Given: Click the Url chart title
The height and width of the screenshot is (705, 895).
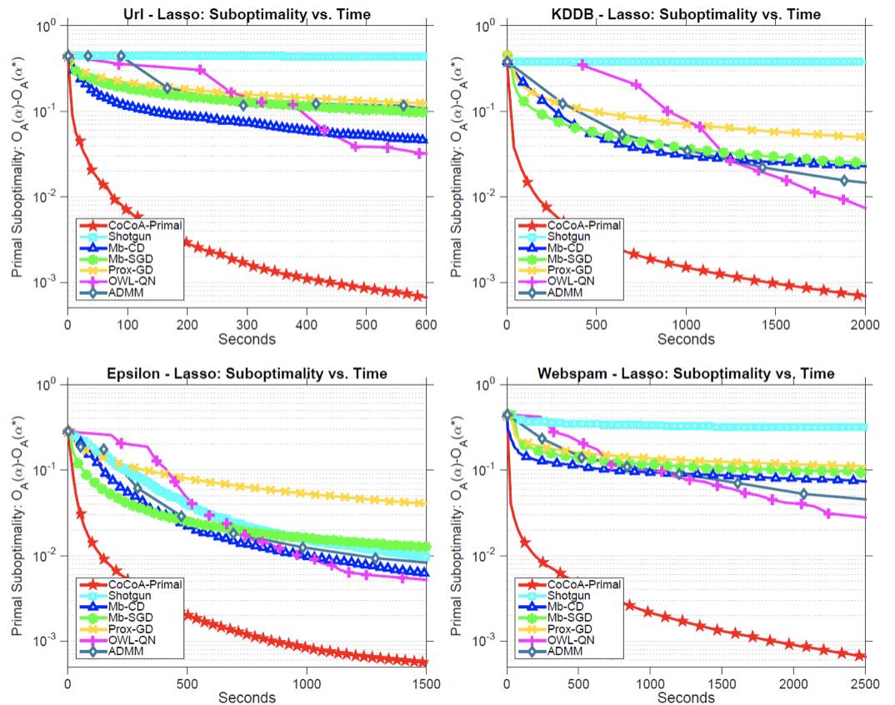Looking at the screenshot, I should [247, 13].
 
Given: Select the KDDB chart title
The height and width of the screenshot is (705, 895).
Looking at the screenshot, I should [685, 13].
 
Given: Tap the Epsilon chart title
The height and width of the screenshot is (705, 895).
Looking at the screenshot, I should [247, 373].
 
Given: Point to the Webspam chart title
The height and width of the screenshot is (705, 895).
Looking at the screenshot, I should [685, 373].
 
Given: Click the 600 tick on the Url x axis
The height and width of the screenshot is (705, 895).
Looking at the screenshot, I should [427, 326].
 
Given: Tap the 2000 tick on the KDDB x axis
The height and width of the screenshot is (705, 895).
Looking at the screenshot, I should [864, 326].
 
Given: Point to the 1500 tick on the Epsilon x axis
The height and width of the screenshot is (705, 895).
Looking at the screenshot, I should [427, 683].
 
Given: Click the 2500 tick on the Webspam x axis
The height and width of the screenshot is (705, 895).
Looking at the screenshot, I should [864, 683].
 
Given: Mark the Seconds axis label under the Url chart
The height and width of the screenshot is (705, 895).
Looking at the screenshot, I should [247, 339].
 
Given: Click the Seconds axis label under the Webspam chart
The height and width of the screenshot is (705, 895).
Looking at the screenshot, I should [685, 697].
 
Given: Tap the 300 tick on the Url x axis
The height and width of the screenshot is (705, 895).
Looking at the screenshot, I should [247, 326].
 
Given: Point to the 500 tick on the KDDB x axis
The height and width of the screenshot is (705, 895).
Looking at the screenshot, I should [596, 326].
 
